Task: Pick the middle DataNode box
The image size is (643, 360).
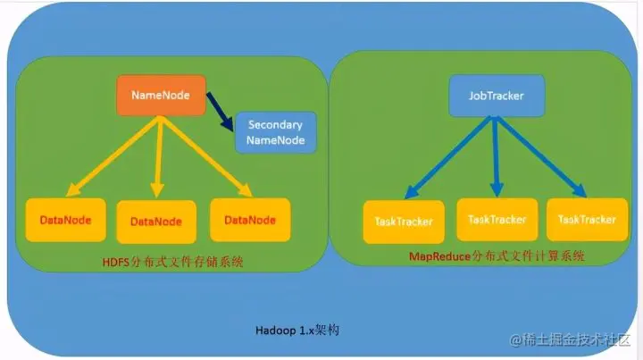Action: (155, 222)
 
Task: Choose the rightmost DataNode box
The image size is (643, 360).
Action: (249, 220)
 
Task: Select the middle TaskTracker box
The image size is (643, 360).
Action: (496, 219)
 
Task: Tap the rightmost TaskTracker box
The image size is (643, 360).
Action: (587, 220)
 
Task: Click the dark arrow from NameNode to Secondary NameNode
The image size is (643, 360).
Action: (219, 108)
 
